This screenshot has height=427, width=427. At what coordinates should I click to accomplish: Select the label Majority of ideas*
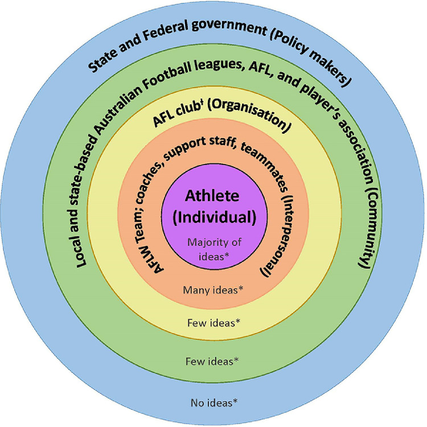(x=213, y=247)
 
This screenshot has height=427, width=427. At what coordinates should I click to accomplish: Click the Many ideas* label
(x=213, y=290)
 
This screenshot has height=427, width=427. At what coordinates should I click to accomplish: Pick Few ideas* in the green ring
(x=213, y=360)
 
